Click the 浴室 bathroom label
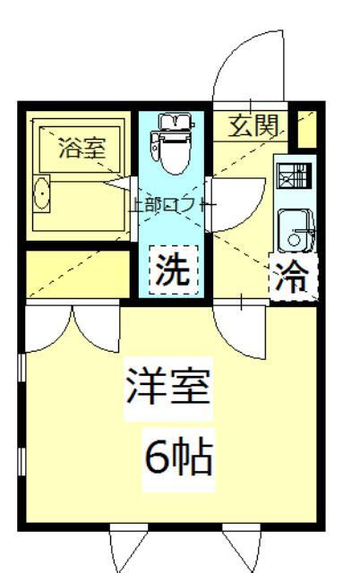[81, 149]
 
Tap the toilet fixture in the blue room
[169, 143]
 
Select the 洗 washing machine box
[171, 269]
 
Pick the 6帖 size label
[178, 458]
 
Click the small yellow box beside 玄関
[306, 131]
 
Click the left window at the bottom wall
[127, 549]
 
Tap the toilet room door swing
[235, 201]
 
